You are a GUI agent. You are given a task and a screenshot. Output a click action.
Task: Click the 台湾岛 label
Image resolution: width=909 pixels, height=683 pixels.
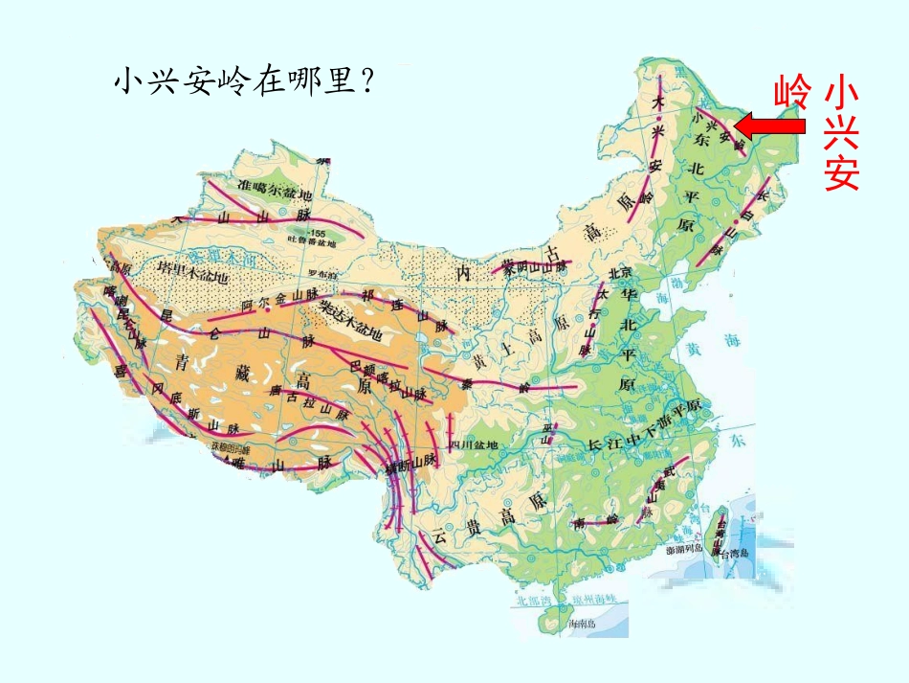tap(738, 554)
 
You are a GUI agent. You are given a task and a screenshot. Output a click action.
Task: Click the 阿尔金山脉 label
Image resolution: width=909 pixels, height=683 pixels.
tap(278, 300)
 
